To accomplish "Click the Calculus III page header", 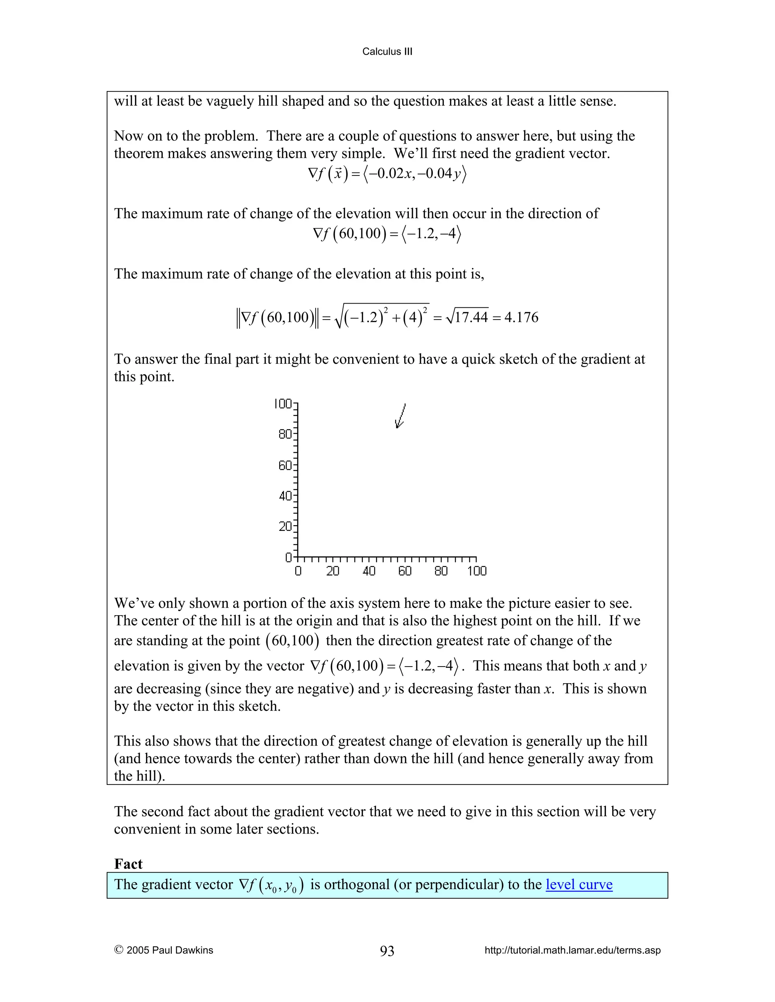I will tap(387, 51).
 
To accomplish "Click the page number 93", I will tap(387, 951).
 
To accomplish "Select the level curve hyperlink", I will tap(579, 884).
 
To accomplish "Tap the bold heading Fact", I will tap(128, 864).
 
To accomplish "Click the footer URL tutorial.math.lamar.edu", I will tap(573, 950).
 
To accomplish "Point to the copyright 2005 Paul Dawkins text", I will tap(164, 950).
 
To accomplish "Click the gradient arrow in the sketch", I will tap(400, 416).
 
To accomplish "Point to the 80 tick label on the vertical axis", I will tap(285, 434).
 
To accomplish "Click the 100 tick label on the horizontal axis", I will tap(476, 571).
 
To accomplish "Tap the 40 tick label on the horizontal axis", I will tap(369, 571).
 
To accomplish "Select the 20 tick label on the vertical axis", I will tap(285, 526).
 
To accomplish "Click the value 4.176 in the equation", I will tap(521, 318).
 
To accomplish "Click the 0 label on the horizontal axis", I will tap(298, 571).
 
